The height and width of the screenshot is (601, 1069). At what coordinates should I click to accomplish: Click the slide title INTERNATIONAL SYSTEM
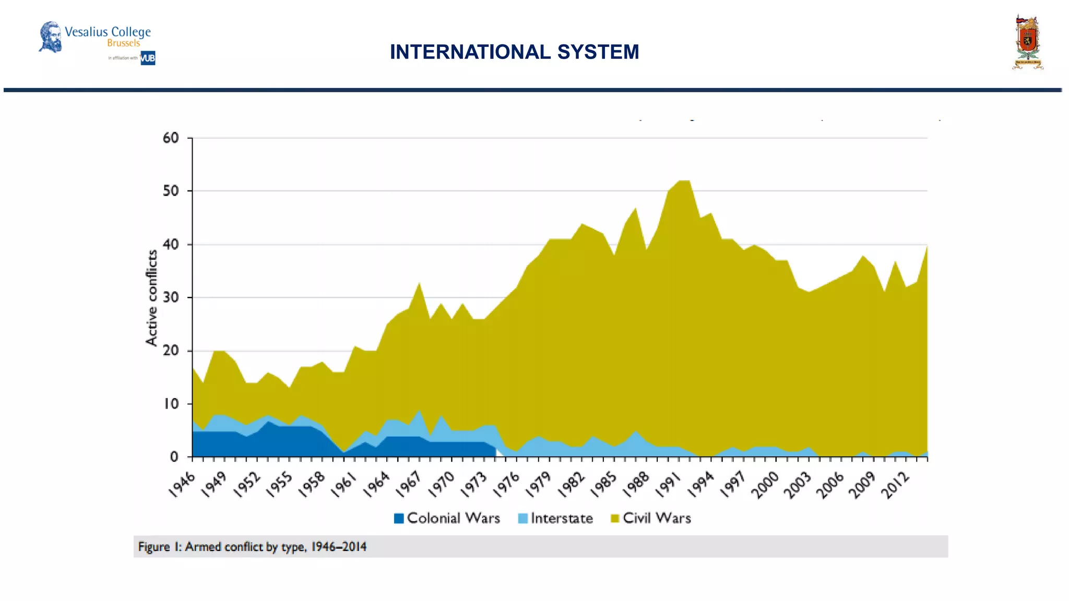[514, 52]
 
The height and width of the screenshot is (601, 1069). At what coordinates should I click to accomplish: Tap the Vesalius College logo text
[108, 32]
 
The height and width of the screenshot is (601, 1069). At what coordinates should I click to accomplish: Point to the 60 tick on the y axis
[171, 138]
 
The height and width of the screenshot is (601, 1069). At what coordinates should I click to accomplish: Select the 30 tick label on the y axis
[171, 298]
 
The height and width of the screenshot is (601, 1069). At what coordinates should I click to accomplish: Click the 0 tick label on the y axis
[174, 457]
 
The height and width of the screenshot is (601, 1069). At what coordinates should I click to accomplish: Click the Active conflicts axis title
[151, 297]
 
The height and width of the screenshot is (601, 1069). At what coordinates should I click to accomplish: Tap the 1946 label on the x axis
[182, 485]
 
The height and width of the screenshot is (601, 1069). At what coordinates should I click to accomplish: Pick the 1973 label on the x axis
[474, 485]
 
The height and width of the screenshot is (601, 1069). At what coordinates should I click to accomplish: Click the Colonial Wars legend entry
[447, 518]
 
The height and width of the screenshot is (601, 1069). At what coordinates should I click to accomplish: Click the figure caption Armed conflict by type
[252, 547]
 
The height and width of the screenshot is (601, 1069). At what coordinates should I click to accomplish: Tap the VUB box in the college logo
[148, 58]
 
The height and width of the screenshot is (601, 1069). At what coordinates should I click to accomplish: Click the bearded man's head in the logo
[51, 37]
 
